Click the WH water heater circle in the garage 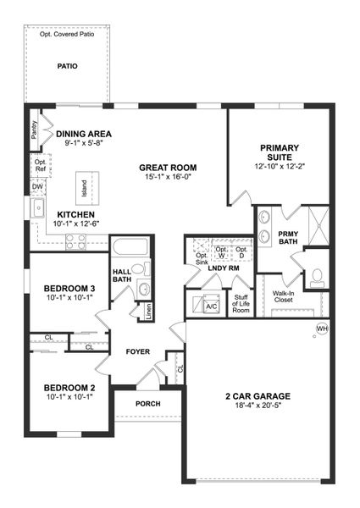click(322, 329)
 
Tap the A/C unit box click(212, 306)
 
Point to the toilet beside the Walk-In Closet click(316, 274)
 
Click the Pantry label click(34, 130)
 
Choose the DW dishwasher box click(38, 186)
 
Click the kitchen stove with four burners click(75, 240)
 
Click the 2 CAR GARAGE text click(258, 396)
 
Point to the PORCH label click(147, 404)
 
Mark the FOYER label click(138, 351)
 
